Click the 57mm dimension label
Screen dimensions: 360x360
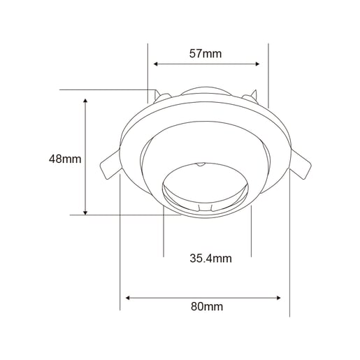click(x=206, y=54)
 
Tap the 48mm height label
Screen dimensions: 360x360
click(x=65, y=159)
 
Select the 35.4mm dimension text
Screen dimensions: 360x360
click(x=210, y=259)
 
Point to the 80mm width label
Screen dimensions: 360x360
click(x=207, y=306)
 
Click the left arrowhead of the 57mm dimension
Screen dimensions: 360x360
click(x=156, y=64)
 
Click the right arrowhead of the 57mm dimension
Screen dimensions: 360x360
click(x=257, y=64)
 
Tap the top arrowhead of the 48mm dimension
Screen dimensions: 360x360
click(x=85, y=101)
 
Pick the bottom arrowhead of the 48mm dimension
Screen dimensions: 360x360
click(x=85, y=213)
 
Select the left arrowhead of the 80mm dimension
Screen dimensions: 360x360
click(x=128, y=298)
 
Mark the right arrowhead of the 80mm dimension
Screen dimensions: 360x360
click(x=278, y=298)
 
